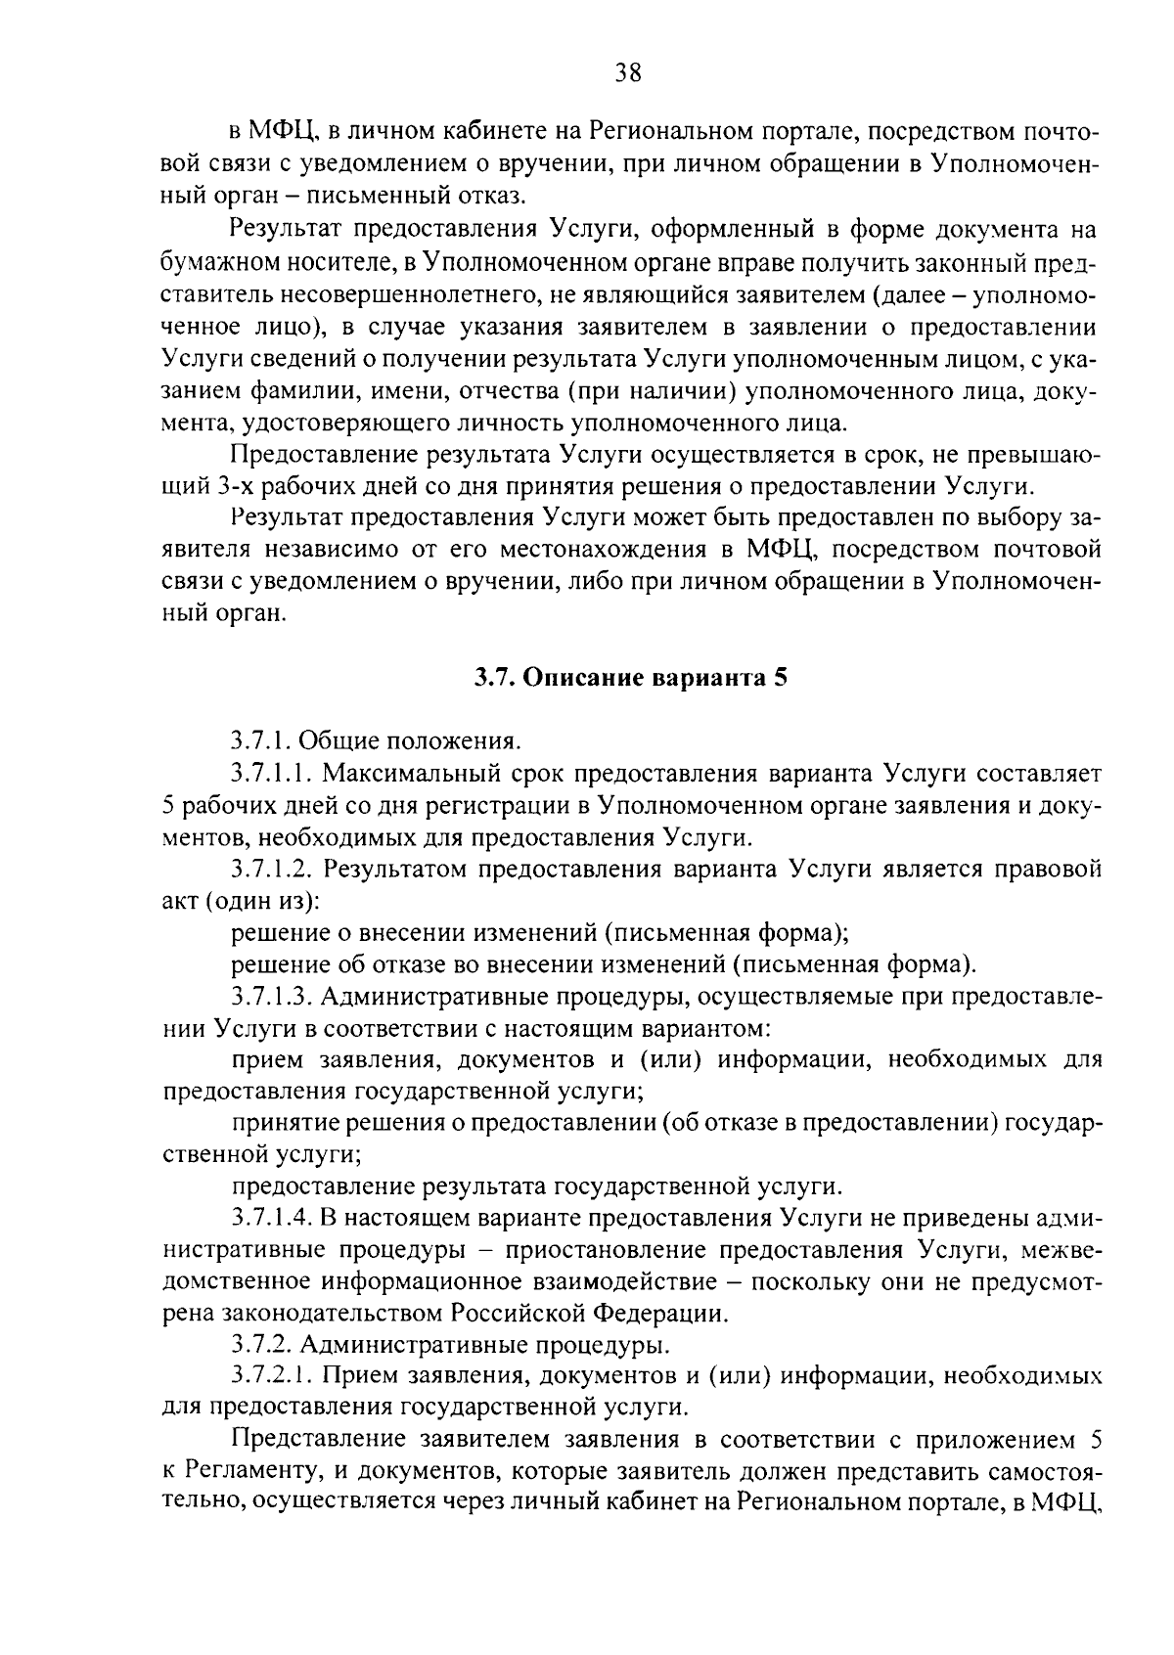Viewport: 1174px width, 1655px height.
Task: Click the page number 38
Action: click(x=628, y=72)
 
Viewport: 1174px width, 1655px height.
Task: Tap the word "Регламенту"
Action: click(x=248, y=1472)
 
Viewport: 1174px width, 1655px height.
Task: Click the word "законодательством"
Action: click(x=329, y=1314)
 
